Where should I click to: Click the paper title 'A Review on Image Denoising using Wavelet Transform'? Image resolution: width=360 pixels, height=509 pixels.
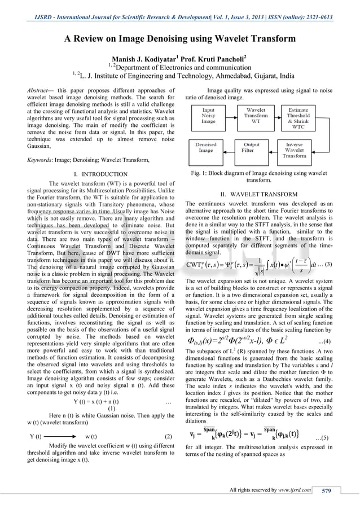pos(179,39)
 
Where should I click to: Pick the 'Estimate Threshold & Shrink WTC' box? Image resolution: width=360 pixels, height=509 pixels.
pos(305,117)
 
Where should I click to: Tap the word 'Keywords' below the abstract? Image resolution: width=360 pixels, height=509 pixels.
pos(43,160)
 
